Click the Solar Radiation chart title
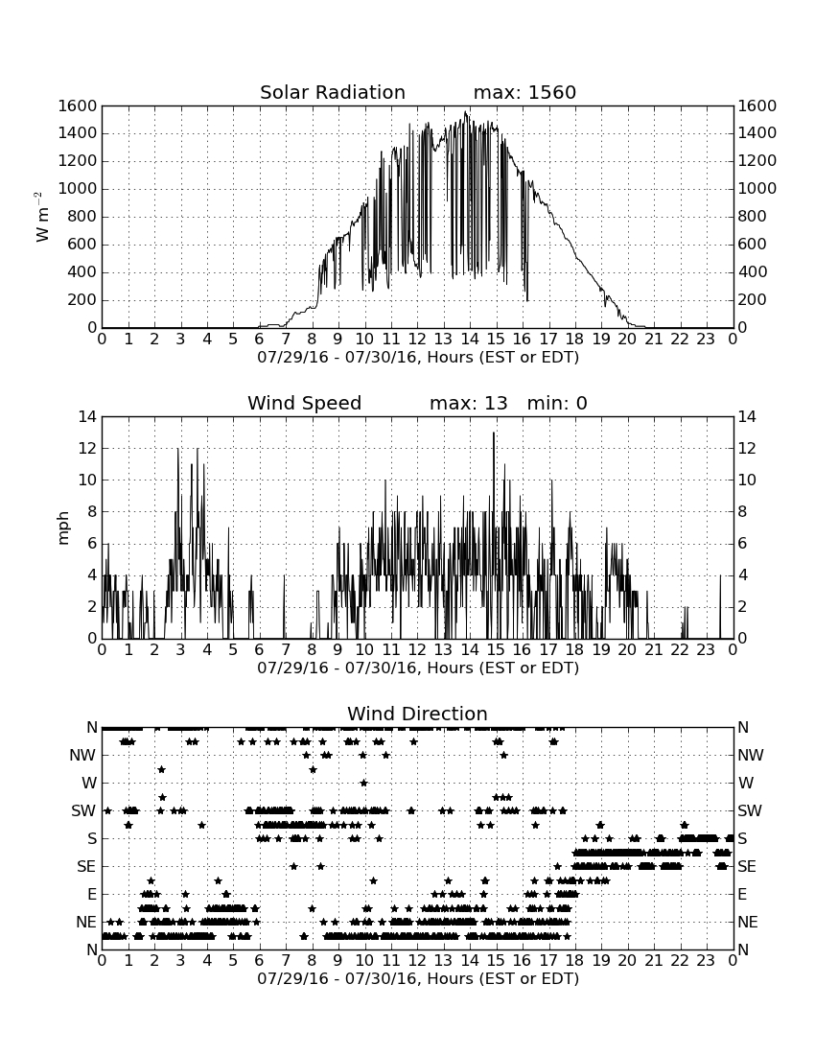point(332,92)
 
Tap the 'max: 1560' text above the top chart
point(524,92)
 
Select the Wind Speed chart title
point(305,403)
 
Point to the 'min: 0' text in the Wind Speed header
point(557,403)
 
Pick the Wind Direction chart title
point(417,714)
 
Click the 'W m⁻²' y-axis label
point(41,217)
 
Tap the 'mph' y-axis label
point(63,528)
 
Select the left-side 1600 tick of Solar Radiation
point(78,105)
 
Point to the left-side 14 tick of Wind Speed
point(88,417)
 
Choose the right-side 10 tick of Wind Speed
point(747,480)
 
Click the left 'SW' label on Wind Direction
point(83,810)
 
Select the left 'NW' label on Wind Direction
point(82,755)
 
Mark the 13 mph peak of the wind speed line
point(494,433)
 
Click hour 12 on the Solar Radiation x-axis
point(417,339)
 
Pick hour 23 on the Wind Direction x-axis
point(706,960)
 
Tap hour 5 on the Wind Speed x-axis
point(233,649)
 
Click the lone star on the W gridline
point(363,783)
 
